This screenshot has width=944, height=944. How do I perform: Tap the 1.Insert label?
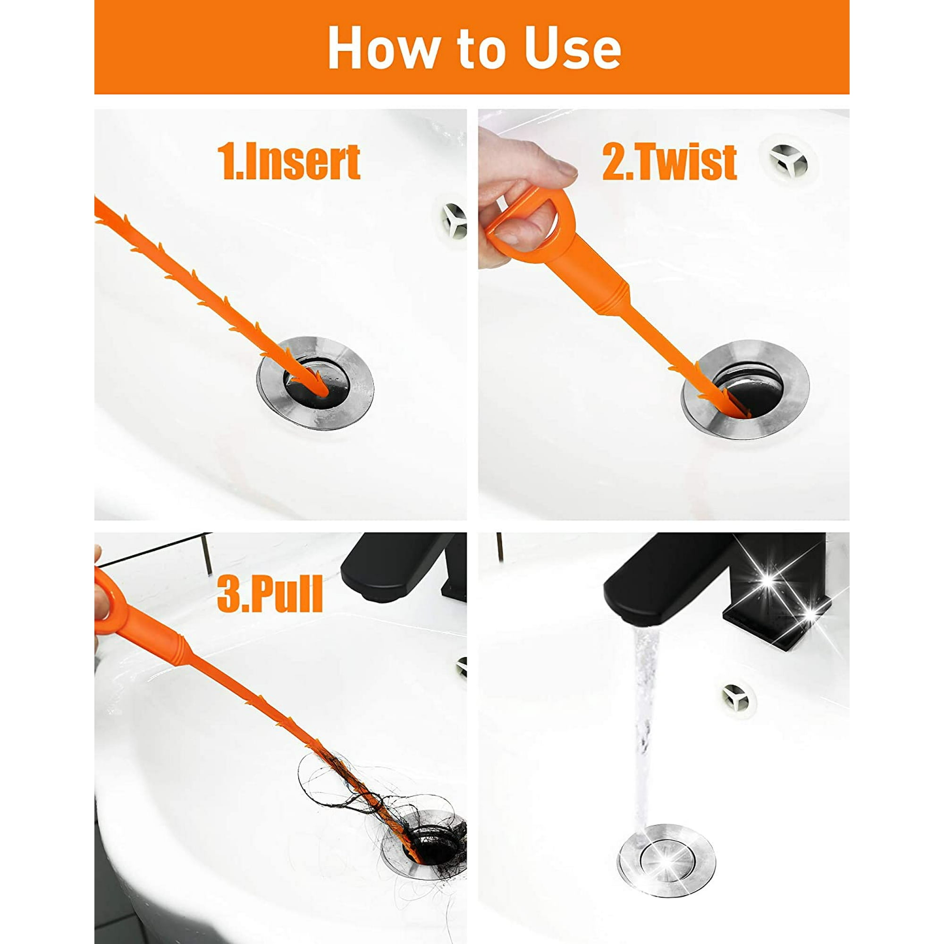[288, 162]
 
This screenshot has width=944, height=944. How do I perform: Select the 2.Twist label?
[669, 162]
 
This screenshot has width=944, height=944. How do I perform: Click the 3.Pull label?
[270, 594]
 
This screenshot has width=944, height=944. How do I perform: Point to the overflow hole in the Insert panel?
[454, 221]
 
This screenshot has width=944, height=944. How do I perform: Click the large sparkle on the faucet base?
[768, 582]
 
